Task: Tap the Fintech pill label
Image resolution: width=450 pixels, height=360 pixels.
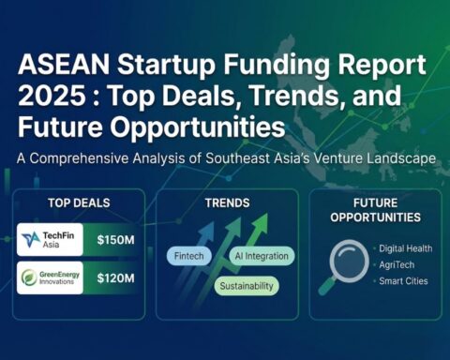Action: (190, 256)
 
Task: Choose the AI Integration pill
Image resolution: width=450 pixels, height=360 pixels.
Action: (261, 256)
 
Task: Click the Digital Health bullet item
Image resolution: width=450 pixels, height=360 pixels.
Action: (404, 247)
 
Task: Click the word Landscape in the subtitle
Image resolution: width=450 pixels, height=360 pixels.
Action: (400, 158)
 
